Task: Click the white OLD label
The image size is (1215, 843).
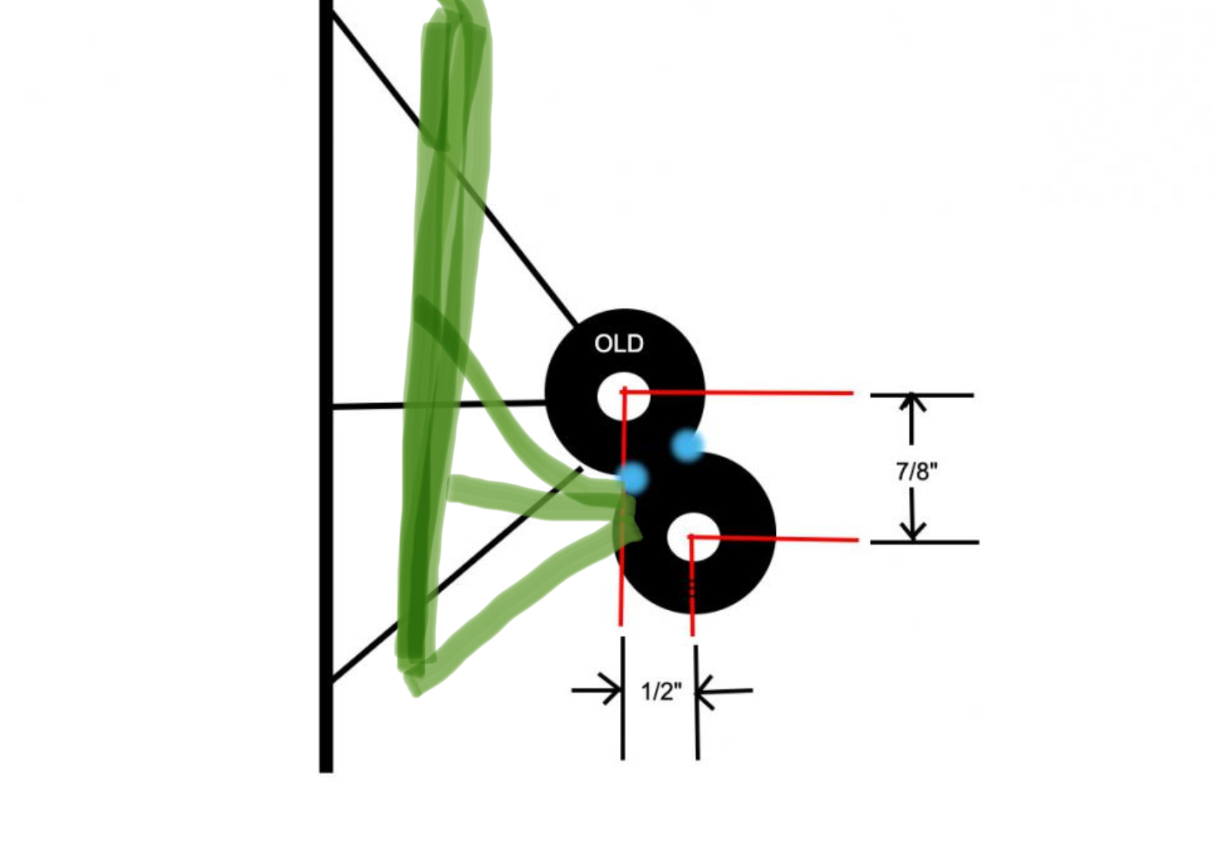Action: (x=619, y=344)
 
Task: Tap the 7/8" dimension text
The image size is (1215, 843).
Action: (x=917, y=471)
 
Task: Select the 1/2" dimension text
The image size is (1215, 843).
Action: (x=661, y=692)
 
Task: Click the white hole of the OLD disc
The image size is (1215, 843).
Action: (x=624, y=396)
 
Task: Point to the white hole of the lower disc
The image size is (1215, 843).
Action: (x=693, y=536)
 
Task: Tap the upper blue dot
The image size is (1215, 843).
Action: (x=688, y=445)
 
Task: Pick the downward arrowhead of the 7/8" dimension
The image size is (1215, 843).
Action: (x=914, y=531)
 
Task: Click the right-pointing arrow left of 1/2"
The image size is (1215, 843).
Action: (x=597, y=690)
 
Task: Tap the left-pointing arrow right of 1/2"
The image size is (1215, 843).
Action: (x=724, y=692)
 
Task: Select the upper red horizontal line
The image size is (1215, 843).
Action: (x=737, y=392)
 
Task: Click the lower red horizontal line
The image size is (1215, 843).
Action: (x=774, y=538)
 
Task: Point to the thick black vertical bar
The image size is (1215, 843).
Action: (x=326, y=386)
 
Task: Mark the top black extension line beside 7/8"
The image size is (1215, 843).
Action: (x=922, y=396)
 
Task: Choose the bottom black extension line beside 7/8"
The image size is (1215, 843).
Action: (x=925, y=542)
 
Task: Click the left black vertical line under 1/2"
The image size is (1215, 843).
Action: (x=623, y=698)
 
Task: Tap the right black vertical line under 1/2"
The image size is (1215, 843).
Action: (x=697, y=702)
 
